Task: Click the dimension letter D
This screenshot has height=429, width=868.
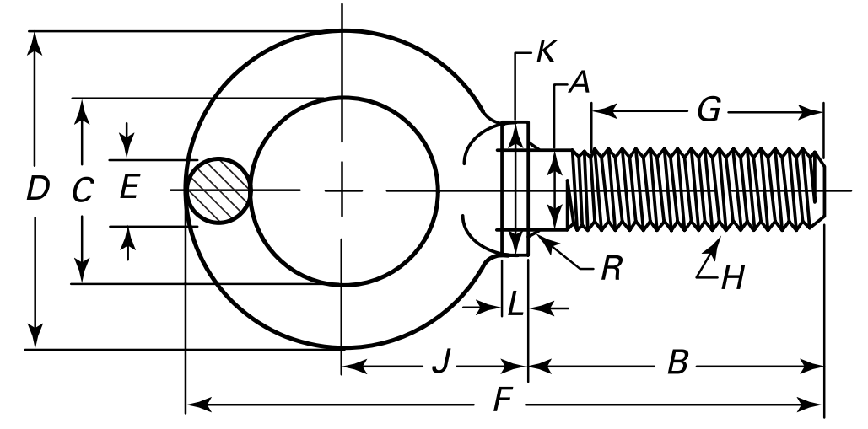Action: click(x=36, y=190)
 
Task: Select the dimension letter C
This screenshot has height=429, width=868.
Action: click(x=82, y=192)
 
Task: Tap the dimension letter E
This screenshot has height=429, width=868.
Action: click(x=128, y=187)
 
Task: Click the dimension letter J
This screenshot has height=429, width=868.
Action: click(x=439, y=366)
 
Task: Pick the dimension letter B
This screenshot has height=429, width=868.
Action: click(x=677, y=366)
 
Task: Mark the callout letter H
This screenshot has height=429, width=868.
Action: click(x=732, y=276)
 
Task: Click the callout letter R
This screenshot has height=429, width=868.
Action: click(x=611, y=271)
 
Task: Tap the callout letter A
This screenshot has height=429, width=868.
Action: click(x=578, y=83)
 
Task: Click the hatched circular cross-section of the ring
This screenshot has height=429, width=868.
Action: click(x=218, y=190)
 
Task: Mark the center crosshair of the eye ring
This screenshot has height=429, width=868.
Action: click(x=342, y=190)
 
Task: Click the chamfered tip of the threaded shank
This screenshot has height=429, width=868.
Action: click(x=819, y=190)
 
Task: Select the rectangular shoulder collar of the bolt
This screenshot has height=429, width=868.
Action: click(x=515, y=189)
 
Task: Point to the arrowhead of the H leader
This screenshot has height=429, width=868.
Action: click(x=718, y=244)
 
